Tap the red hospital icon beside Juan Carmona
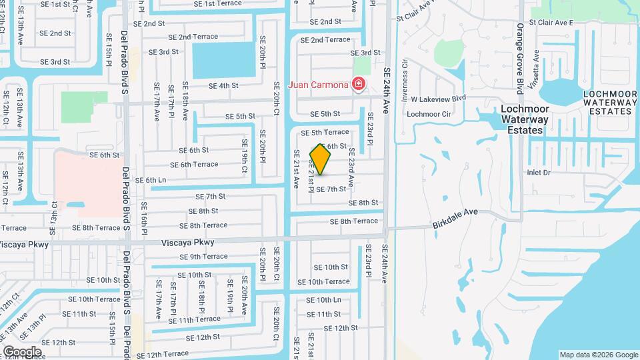(359, 85)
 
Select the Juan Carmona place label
(318, 85)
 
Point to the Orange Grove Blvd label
(520, 59)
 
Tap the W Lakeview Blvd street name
(438, 98)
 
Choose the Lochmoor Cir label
(429, 114)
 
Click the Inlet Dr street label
(538, 172)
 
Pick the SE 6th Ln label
(151, 180)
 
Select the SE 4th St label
(223, 85)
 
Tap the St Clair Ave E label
(551, 22)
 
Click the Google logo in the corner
(22, 351)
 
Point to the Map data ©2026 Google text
(598, 355)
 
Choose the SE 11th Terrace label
(194, 319)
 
